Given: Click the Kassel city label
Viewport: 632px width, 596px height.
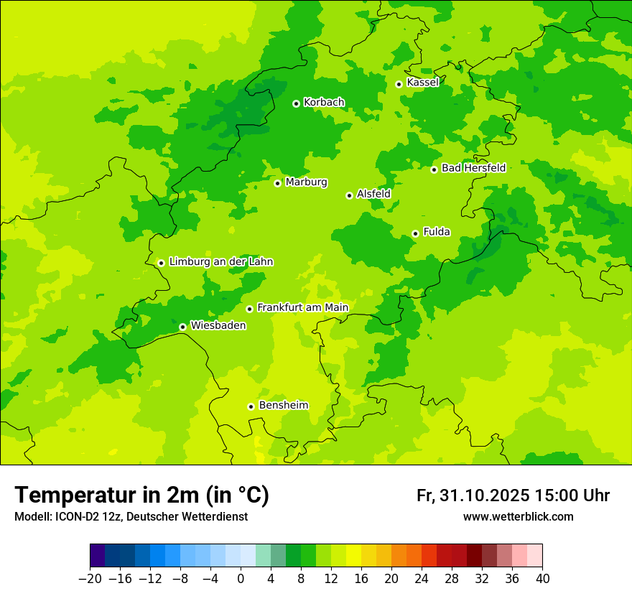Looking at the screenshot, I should pyautogui.click(x=422, y=83).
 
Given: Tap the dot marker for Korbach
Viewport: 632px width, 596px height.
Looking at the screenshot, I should pyautogui.click(x=296, y=103).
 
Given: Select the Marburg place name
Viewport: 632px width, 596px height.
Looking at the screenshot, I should pyautogui.click(x=306, y=182).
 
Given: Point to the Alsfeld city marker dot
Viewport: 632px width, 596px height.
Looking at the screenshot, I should pyautogui.click(x=349, y=195).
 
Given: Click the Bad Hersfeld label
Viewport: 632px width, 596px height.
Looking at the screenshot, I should pyautogui.click(x=473, y=168).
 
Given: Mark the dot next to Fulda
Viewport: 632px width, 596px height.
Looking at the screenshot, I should pyautogui.click(x=415, y=233).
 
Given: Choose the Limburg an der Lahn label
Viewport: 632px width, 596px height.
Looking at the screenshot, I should pyautogui.click(x=220, y=262).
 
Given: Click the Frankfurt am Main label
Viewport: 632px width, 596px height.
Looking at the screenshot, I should pyautogui.click(x=302, y=308).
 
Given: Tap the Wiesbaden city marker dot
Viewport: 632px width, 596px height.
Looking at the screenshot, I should pyautogui.click(x=182, y=327).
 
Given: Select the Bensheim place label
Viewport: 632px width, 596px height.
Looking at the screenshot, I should pyautogui.click(x=283, y=406).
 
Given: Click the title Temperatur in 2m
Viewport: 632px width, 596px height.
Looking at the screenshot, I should pyautogui.click(x=141, y=495).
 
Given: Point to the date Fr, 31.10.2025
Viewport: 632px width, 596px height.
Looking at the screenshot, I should pyautogui.click(x=473, y=496).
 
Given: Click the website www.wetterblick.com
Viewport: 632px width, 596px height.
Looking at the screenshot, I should pyautogui.click(x=518, y=517).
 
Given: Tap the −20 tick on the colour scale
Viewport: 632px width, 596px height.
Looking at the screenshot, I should pyautogui.click(x=90, y=579).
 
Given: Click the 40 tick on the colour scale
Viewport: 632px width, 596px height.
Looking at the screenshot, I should pyautogui.click(x=542, y=579).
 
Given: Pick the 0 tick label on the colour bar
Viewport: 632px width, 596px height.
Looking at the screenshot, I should pyautogui.click(x=241, y=579).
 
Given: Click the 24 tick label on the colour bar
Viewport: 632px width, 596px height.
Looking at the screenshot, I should pyautogui.click(x=422, y=579).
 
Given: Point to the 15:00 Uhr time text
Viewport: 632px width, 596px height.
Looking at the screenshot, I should pyautogui.click(x=572, y=496).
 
